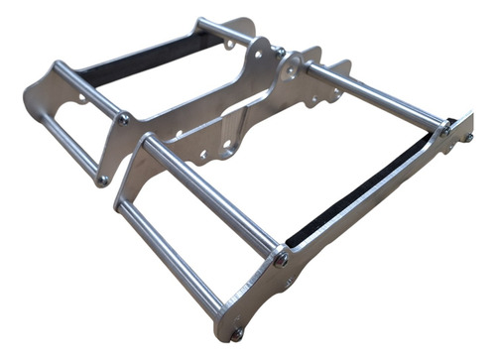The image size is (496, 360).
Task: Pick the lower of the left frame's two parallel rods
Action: (x=69, y=144)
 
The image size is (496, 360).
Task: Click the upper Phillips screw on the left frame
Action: (x=123, y=118)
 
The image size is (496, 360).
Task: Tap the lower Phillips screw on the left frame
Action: (x=102, y=180)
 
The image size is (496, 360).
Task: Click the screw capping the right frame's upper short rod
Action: (x=282, y=259)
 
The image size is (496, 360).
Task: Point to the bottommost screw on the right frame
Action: (x=236, y=334)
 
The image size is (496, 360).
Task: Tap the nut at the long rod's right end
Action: (x=446, y=129)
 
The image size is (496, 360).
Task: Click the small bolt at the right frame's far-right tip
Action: (x=466, y=138)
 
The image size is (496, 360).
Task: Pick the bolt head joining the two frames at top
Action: (x=281, y=52)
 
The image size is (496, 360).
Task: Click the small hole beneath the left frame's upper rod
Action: (x=80, y=98)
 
